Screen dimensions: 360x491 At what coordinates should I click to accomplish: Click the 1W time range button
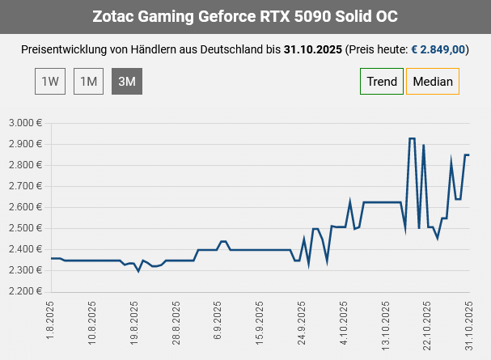(x=49, y=81)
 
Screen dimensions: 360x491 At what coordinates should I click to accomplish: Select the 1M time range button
(x=88, y=81)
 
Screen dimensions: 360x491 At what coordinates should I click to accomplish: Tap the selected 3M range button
(x=127, y=81)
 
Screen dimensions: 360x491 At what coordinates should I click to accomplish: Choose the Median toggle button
(x=432, y=81)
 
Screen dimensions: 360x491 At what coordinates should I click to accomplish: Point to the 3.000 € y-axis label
(x=25, y=123)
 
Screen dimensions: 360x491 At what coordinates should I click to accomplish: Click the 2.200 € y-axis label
(x=25, y=291)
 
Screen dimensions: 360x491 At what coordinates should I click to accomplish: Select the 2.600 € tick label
(x=25, y=207)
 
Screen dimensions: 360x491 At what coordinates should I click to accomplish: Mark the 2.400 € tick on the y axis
(x=25, y=249)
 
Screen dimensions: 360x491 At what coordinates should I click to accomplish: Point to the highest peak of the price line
(x=412, y=138)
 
